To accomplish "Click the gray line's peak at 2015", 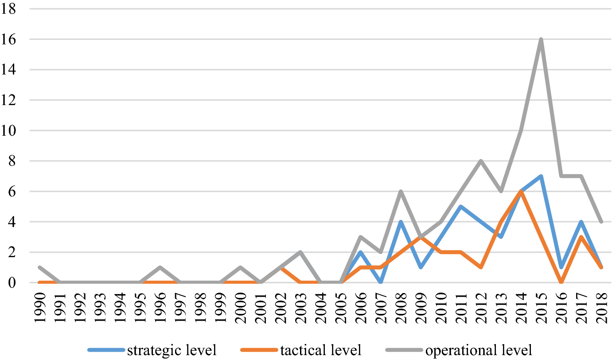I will point(541,39).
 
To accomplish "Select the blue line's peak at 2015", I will point(541,176).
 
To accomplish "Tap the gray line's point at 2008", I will point(400,192).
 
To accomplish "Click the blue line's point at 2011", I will point(460,207).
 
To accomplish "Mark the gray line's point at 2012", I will point(480,161).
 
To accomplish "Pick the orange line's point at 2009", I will point(420,237).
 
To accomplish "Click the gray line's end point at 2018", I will point(601,222).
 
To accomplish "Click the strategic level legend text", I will point(172,350).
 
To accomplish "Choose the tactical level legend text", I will point(321,350).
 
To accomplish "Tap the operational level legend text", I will point(479,350).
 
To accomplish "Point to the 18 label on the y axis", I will point(9,9).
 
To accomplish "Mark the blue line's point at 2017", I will point(581,222).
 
